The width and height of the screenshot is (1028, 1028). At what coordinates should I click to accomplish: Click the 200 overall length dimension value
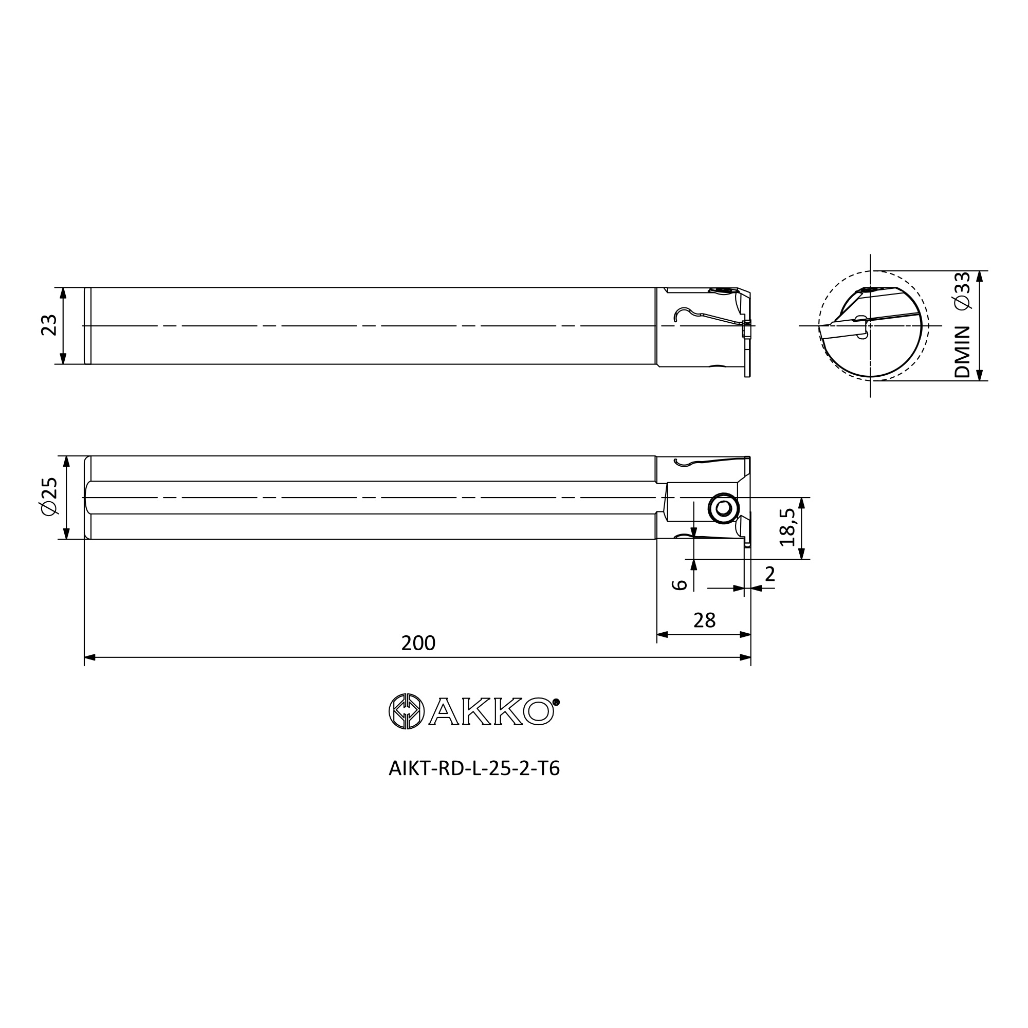418,644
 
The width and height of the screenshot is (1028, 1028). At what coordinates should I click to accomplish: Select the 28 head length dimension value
705,620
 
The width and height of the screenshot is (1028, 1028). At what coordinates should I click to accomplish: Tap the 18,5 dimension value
787,527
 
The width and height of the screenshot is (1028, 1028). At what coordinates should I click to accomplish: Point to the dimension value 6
680,585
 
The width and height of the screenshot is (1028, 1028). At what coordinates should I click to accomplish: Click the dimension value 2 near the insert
769,574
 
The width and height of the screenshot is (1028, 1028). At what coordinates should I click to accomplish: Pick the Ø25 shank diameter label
48,496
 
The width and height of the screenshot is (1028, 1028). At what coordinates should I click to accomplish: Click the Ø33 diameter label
963,290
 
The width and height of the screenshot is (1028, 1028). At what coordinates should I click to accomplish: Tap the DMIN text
963,352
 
